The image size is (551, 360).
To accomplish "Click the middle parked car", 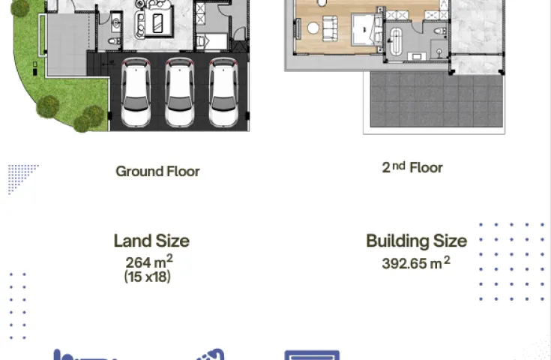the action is pyautogui.click(x=180, y=92).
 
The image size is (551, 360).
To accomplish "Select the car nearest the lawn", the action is pyautogui.click(x=136, y=92).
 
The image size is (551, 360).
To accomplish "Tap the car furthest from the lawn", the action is pyautogui.click(x=223, y=92).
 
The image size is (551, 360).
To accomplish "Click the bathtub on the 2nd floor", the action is pyautogui.click(x=396, y=41).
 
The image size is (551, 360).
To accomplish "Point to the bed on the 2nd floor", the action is pyautogui.click(x=367, y=29).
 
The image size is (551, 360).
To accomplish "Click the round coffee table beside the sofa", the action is pyautogui.click(x=313, y=28).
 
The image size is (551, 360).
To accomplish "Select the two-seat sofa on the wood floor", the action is pyautogui.click(x=330, y=28).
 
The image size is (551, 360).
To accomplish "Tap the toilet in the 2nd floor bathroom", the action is pyautogui.click(x=439, y=31).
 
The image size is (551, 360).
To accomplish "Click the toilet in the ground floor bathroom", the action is pyautogui.click(x=114, y=41).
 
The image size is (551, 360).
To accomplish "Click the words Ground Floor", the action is pyautogui.click(x=157, y=172).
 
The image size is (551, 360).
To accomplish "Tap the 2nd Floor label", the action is pyautogui.click(x=412, y=168).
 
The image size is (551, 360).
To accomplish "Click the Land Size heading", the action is pyautogui.click(x=151, y=241).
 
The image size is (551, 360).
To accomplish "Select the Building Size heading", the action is pyautogui.click(x=417, y=241).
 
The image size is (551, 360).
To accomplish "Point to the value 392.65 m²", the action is pyautogui.click(x=416, y=262).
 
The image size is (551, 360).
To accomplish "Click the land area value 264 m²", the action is pyautogui.click(x=149, y=262).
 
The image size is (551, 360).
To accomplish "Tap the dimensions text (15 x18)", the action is pyautogui.click(x=148, y=277).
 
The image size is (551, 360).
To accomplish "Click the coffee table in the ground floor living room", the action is pyautogui.click(x=157, y=23).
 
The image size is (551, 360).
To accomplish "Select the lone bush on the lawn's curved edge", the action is pyautogui.click(x=47, y=106).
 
